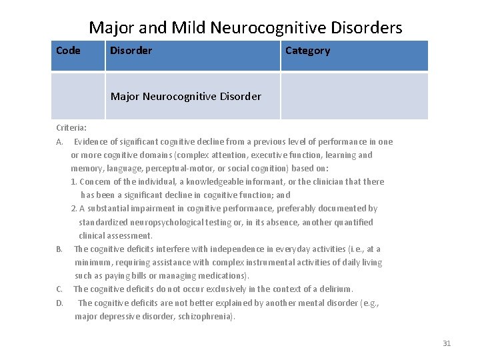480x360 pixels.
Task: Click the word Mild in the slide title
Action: point(189,27)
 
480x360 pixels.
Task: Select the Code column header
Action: point(68,51)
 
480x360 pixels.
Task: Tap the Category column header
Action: point(307,51)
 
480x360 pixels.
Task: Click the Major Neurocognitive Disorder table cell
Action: point(186,97)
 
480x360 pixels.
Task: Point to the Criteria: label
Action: point(71,127)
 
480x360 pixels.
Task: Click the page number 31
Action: point(447,343)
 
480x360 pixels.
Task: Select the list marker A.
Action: point(59,141)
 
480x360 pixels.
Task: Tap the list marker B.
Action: point(59,249)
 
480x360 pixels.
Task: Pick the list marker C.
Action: point(59,289)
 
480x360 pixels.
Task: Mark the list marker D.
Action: point(59,303)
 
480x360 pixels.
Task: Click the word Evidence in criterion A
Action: point(92,141)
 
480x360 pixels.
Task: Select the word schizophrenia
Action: point(205,317)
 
